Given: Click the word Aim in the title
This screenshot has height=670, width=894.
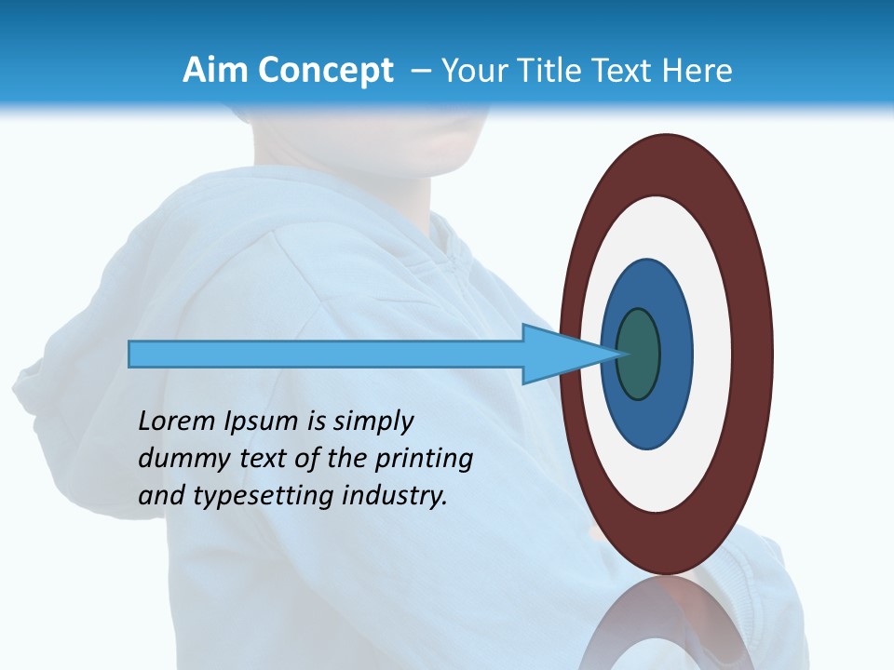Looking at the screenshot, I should pos(216,71).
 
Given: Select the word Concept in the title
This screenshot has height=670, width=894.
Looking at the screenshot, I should pos(325,72).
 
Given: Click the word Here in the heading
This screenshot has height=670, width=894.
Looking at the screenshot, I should pos(699,71).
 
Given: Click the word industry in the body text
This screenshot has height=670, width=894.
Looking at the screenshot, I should pos(395,497).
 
